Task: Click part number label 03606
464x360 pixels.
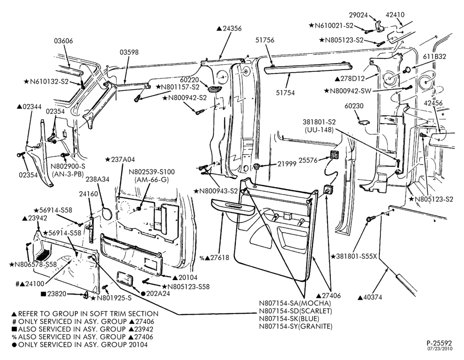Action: point(63,41)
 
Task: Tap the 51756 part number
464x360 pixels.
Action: point(265,40)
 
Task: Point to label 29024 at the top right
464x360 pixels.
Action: point(358,15)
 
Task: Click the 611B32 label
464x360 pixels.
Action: point(434,57)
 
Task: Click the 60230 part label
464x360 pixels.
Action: point(354,106)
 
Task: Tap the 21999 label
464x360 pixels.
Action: point(287,164)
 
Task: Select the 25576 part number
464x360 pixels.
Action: point(308,161)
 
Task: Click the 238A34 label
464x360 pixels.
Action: point(97,180)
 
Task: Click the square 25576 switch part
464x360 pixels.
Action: point(335,154)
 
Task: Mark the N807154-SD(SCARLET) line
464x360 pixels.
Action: point(296,311)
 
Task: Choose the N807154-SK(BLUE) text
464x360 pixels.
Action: point(289,319)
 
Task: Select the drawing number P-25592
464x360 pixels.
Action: point(439,343)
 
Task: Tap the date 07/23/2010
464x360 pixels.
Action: point(440,349)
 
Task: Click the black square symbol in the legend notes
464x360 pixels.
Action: point(14,329)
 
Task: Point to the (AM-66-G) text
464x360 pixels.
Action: point(151,180)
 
